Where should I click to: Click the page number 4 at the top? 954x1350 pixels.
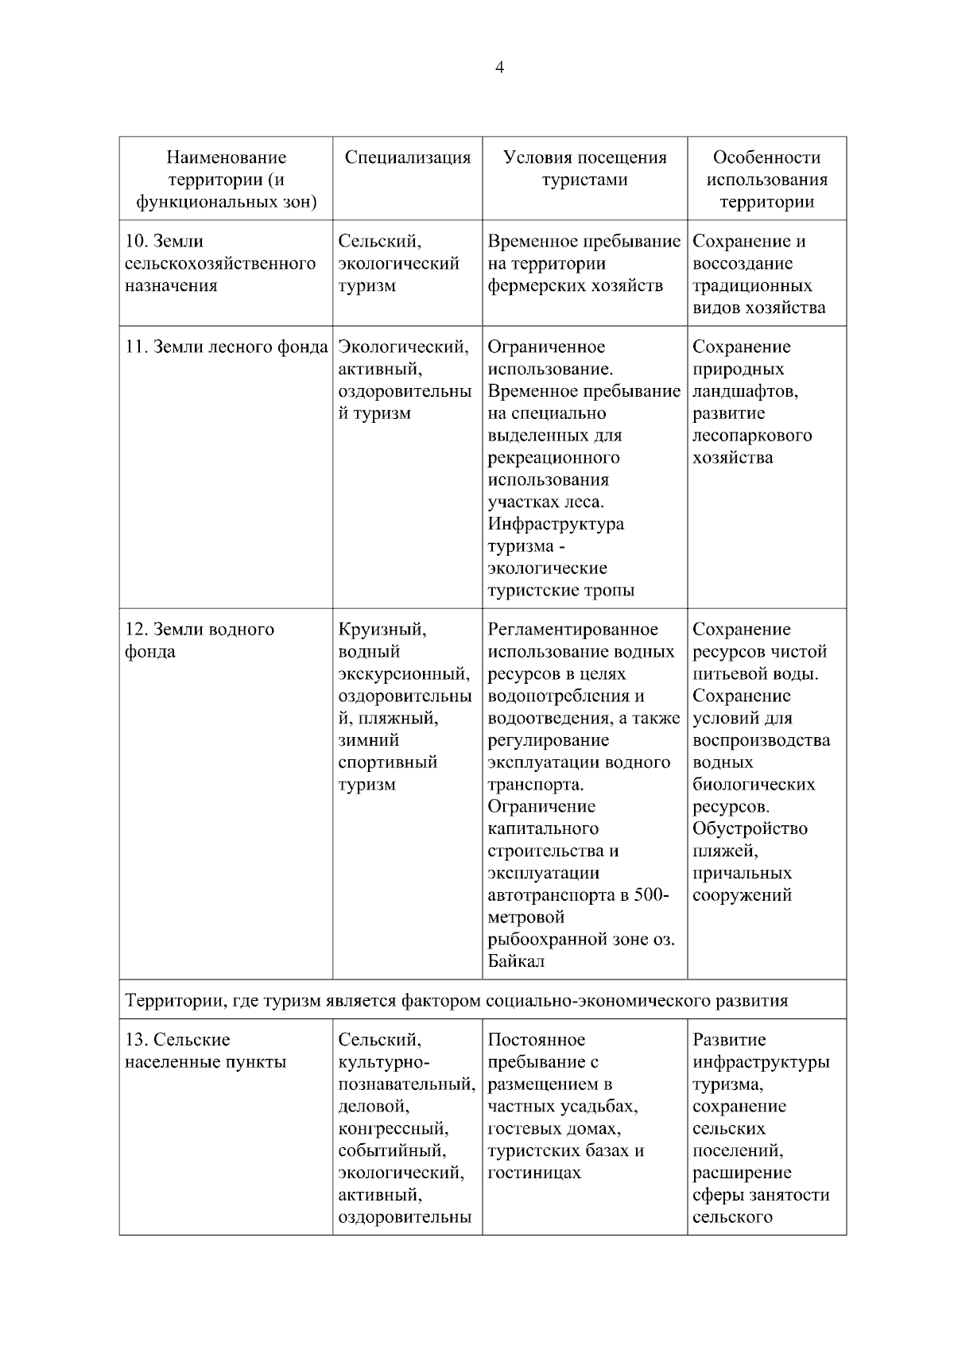[499, 68]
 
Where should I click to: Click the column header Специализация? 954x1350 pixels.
[407, 157]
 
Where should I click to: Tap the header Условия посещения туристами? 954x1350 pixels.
[584, 169]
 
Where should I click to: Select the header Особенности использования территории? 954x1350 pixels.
[766, 180]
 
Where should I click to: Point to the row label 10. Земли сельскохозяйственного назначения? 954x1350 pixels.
[220, 263]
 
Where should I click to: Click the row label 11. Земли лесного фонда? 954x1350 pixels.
[227, 347]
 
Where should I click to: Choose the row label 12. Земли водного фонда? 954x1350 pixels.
[200, 640]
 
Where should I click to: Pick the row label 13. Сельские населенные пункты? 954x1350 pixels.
[205, 1051]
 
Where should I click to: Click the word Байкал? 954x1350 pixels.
[516, 962]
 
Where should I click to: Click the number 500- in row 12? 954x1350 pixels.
[652, 895]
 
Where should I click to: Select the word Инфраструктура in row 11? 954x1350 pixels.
[556, 525]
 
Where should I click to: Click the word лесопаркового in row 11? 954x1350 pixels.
[752, 436]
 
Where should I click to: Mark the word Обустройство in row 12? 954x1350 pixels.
[750, 829]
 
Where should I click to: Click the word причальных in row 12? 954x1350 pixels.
[742, 874]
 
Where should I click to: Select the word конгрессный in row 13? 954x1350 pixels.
[393, 1129]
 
